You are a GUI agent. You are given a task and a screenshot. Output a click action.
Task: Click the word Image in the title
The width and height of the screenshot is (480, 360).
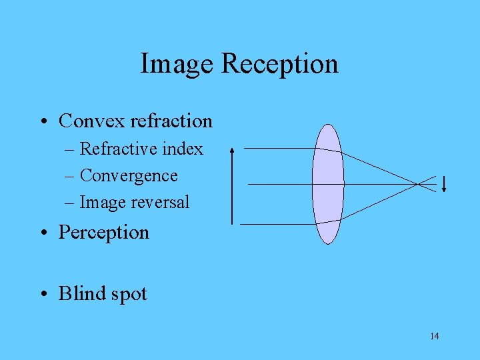pos(177,64)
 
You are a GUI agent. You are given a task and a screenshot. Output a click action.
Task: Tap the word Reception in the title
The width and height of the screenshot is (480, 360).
pos(279,65)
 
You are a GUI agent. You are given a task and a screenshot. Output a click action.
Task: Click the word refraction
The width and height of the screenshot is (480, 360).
pos(171,121)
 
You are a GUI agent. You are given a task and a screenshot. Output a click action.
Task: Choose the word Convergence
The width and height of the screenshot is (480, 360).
pos(129,176)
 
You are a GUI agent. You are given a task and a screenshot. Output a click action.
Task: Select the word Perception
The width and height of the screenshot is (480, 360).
pos(104,233)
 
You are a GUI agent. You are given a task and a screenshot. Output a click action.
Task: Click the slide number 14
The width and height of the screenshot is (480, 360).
pos(435,336)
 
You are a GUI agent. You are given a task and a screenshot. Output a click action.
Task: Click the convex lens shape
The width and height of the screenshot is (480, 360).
pos(327,184)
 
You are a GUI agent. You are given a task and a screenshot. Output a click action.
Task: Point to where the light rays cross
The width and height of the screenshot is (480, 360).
pos(419,183)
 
